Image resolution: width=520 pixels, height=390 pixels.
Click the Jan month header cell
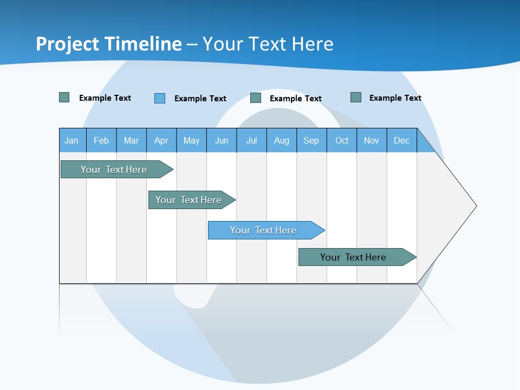[71, 140]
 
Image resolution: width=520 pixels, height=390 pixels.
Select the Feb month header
[101, 140]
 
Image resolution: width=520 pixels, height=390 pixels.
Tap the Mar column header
[131, 140]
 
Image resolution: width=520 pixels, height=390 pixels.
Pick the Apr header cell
[161, 140]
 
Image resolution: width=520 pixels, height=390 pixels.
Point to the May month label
[191, 140]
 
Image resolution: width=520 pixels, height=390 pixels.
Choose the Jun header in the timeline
[222, 140]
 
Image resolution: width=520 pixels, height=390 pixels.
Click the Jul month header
[251, 140]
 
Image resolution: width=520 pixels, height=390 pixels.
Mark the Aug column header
[282, 140]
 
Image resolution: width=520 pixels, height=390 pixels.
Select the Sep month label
[311, 140]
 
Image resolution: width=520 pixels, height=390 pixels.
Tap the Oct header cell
[342, 140]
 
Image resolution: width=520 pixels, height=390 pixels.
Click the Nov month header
[372, 140]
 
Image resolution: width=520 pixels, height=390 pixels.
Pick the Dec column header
[402, 140]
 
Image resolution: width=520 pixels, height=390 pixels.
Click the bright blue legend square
[160, 98]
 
